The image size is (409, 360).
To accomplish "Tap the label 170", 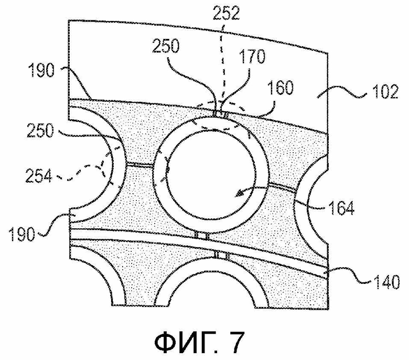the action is click(x=252, y=56).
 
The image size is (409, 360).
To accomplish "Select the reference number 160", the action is click(x=280, y=87).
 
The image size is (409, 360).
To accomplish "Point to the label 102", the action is click(x=385, y=91).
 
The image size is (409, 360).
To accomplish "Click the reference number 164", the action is click(x=341, y=208).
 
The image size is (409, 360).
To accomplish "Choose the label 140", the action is click(x=386, y=282).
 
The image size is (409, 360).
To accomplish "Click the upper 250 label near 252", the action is click(x=166, y=46).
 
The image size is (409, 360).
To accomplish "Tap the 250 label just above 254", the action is click(x=40, y=130).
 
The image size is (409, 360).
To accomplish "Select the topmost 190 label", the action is click(x=41, y=70).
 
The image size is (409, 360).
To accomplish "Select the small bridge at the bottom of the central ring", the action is click(x=202, y=236).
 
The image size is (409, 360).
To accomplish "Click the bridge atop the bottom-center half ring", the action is click(x=221, y=255).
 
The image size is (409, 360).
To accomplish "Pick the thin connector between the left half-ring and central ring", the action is click(x=139, y=164).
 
